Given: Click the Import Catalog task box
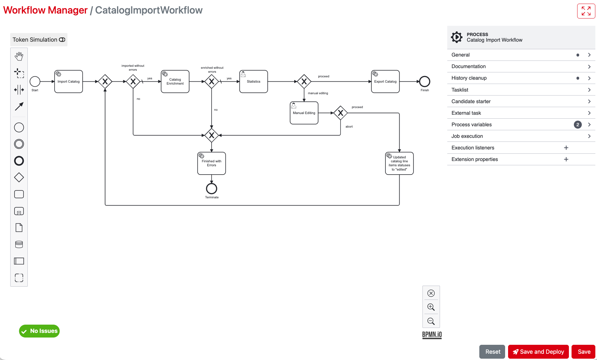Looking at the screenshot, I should click(x=68, y=82).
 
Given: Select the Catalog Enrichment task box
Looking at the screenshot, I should click(x=175, y=82).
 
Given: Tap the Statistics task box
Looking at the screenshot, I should click(x=254, y=82).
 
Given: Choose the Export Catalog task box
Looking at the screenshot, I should click(x=385, y=82).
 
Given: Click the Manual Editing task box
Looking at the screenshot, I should click(x=304, y=113).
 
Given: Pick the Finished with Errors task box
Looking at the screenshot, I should click(x=212, y=163).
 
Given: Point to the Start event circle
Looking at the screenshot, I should click(x=35, y=81).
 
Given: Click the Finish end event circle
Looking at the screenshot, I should click(x=424, y=81).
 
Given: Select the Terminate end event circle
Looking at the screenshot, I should click(x=212, y=189).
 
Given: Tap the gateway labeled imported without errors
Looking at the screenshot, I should click(x=133, y=81).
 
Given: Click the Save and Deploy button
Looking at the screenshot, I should click(x=538, y=352).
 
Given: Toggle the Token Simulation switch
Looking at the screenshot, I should click(x=62, y=40).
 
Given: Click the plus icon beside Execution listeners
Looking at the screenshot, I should click(x=566, y=148).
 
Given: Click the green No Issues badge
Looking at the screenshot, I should click(x=39, y=331).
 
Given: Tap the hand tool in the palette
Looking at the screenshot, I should click(x=19, y=57).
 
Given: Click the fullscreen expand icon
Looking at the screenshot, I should click(x=586, y=11).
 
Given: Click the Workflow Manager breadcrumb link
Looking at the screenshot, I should click(x=45, y=10).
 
